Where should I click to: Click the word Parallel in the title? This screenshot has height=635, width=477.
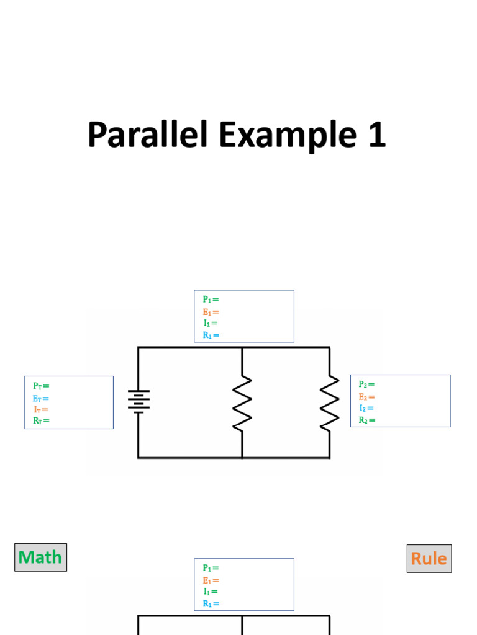click(x=148, y=135)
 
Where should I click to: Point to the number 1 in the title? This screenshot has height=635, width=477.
click(x=376, y=135)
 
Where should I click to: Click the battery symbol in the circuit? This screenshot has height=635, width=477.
click(x=139, y=401)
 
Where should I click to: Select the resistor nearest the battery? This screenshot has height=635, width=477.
click(x=242, y=402)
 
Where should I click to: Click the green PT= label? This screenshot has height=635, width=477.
click(x=41, y=386)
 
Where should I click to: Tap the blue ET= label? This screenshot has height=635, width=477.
click(x=41, y=398)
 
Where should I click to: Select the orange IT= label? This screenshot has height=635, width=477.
click(x=41, y=409)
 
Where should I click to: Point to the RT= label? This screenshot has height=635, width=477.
click(x=41, y=420)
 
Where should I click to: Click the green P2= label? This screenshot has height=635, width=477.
click(x=366, y=384)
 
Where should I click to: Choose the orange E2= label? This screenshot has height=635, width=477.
click(x=366, y=397)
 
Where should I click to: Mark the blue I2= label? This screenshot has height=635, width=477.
click(x=366, y=408)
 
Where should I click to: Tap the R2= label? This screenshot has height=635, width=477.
click(x=366, y=420)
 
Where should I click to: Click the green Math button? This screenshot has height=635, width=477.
click(x=40, y=557)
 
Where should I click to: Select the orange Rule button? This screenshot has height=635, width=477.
click(x=429, y=558)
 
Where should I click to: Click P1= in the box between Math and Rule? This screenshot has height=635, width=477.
click(x=211, y=567)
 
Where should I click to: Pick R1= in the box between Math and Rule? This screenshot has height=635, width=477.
click(x=211, y=603)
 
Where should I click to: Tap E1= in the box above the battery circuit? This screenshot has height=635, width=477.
click(x=211, y=312)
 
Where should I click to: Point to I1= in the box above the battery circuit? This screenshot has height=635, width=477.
click(x=211, y=323)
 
